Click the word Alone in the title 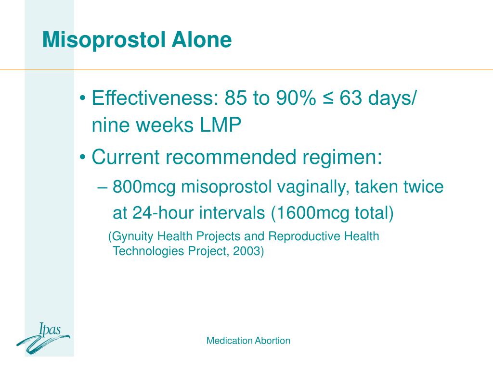(202, 39)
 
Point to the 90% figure (296, 98)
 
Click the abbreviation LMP (221, 125)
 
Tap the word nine (111, 125)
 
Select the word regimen (342, 158)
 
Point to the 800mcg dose (144, 187)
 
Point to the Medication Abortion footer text (248, 341)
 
